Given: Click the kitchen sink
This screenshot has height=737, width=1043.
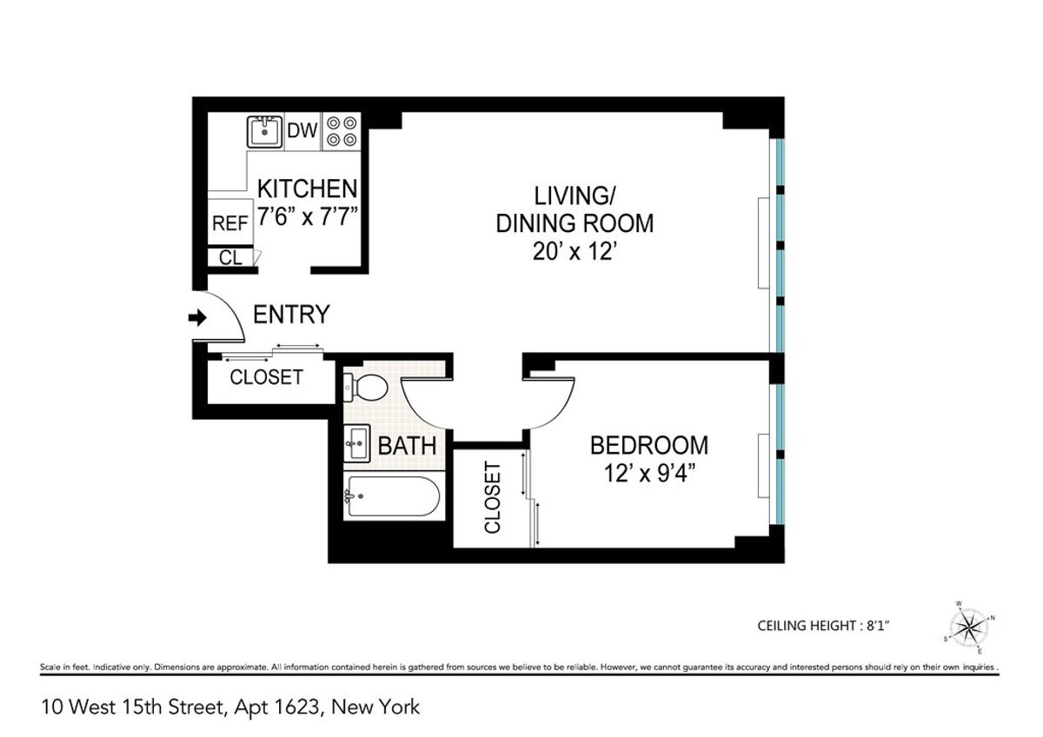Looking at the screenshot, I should pos(264,132).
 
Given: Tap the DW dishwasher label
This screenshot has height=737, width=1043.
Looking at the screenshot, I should pos(302,132).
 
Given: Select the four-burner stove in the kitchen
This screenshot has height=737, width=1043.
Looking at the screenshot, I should pos(342,131).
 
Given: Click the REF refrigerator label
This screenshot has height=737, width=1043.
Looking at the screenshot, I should pos(229,223).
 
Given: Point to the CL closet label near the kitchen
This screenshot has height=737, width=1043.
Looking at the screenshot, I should pos(229,257).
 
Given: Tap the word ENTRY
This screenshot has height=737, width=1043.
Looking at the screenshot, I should pos(291,315).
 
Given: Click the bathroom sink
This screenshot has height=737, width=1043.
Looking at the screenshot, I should pos(357,446).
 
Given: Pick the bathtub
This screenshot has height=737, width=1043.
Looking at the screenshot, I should pos(391,498).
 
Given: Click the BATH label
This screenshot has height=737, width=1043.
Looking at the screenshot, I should pos(406,447).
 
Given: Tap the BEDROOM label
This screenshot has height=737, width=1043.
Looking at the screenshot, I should pos(648,446).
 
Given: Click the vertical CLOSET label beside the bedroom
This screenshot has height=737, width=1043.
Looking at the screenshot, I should pos(492,498).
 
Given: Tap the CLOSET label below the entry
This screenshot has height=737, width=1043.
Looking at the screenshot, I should pos(266,377).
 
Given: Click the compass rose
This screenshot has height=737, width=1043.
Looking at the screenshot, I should pos(967,625).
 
